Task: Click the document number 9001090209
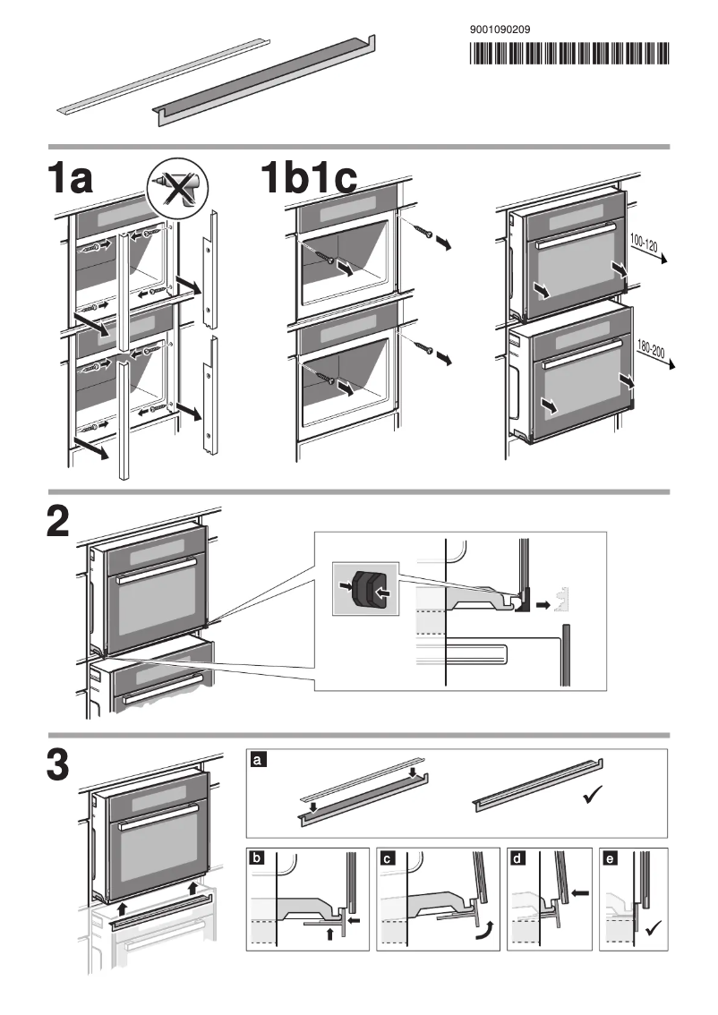[x=500, y=30]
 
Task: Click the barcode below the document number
[x=568, y=55]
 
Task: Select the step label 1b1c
[x=309, y=179]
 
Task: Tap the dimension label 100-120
[x=643, y=243]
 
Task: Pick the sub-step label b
[x=258, y=857]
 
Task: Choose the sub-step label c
[x=387, y=857]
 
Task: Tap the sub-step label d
[x=517, y=857]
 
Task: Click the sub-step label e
[x=610, y=857]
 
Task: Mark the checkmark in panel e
[x=653, y=927]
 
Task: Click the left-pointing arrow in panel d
[x=579, y=892]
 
